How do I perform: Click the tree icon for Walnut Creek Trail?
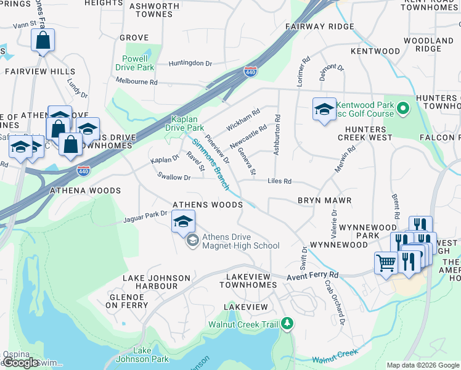click(x=287, y=323)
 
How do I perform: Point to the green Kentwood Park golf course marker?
click(x=403, y=110)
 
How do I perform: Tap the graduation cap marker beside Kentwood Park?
click(x=324, y=110)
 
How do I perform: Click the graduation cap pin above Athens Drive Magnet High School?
click(x=183, y=221)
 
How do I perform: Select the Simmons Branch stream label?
click(x=210, y=164)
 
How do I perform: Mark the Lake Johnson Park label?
click(x=142, y=355)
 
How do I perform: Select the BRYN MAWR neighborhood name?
click(x=324, y=201)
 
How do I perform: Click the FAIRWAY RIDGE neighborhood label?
click(x=319, y=27)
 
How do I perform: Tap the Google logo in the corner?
click(x=21, y=363)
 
